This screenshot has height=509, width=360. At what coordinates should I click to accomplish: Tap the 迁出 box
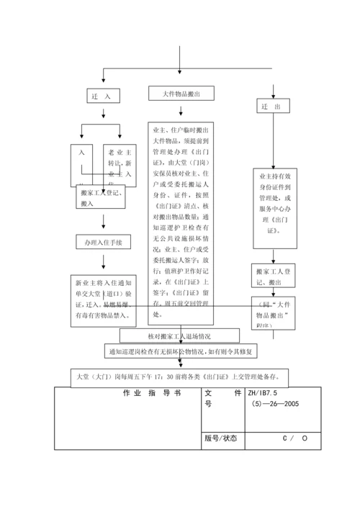click(272, 106)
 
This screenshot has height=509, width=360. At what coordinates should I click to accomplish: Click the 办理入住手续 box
click(103, 243)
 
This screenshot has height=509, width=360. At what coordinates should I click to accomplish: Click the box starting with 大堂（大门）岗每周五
click(181, 377)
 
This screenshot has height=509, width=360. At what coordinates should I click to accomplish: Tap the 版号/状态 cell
click(220, 438)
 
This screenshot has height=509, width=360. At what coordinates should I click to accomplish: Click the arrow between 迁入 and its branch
click(103, 113)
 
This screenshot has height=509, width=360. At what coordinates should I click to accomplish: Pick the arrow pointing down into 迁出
click(272, 90)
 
